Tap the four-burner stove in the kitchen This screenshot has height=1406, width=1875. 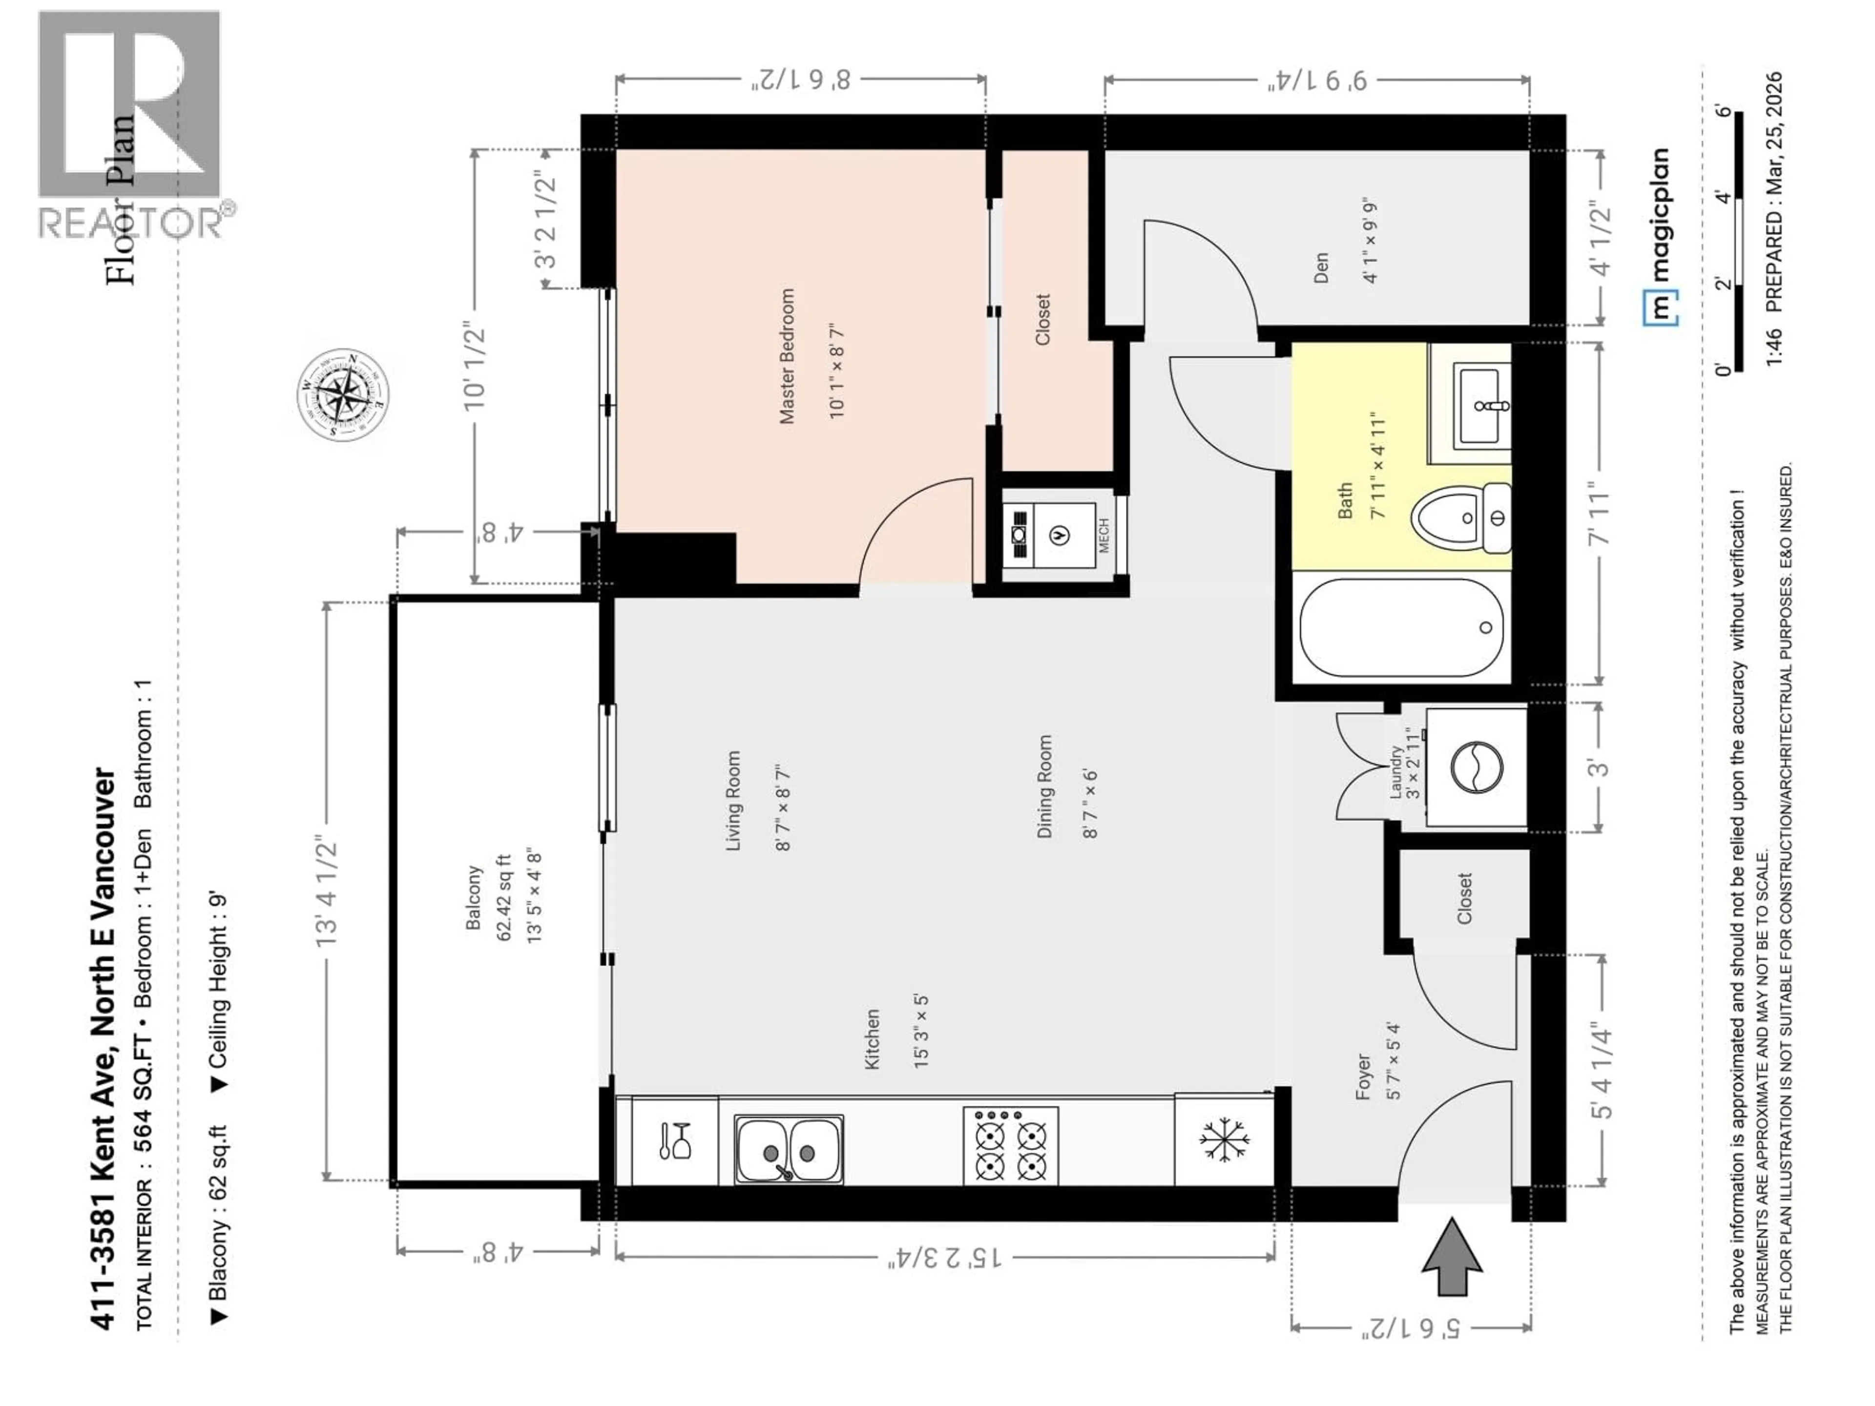click(1010, 1146)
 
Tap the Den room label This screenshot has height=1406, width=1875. click(1321, 268)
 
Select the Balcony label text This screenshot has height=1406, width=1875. click(474, 897)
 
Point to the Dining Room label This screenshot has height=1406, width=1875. click(1044, 786)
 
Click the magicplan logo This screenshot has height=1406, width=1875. click(1660, 237)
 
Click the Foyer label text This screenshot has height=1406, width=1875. click(1363, 1077)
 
